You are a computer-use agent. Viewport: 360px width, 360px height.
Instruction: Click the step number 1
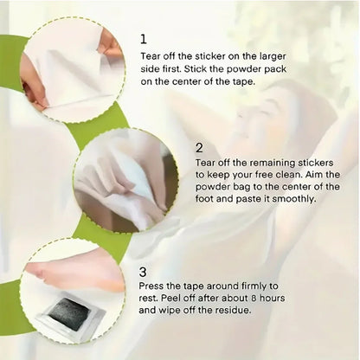(x=144, y=39)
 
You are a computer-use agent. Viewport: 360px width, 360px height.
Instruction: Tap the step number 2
(x=199, y=148)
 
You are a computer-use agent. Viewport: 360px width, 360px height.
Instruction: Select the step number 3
(x=143, y=272)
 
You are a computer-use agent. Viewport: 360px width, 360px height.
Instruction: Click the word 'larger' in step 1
(x=273, y=56)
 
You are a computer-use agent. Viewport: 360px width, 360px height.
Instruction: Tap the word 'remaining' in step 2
(x=273, y=164)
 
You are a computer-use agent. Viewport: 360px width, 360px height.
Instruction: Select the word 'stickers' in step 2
(x=315, y=163)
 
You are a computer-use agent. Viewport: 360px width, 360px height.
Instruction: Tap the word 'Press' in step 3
(x=151, y=286)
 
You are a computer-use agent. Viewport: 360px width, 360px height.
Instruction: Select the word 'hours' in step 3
(x=273, y=298)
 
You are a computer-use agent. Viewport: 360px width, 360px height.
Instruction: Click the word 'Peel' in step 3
(x=171, y=298)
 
